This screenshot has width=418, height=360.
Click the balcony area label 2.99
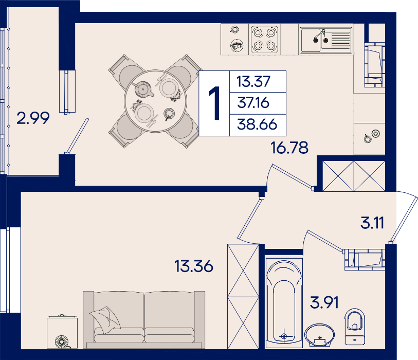point(33,118)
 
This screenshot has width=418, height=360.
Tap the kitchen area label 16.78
point(289,148)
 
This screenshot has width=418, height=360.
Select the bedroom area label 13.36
point(194,266)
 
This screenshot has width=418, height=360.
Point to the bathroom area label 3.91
point(324,302)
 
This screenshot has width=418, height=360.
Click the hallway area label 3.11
point(372,223)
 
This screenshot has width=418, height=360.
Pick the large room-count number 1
point(214,103)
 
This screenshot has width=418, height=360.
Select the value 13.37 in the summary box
point(253,81)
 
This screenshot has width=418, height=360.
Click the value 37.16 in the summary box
point(253,103)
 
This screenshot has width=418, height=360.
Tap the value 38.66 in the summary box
point(257,124)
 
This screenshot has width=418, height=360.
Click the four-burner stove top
point(264,40)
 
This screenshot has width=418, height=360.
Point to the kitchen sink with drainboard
point(326,40)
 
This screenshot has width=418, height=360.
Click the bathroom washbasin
point(320,335)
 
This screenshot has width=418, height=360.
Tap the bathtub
point(284,303)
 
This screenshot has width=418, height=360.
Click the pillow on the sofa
point(105,320)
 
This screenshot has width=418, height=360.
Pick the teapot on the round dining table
point(143,89)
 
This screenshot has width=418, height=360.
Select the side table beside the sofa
point(62,332)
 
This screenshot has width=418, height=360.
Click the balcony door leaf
point(77,136)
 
